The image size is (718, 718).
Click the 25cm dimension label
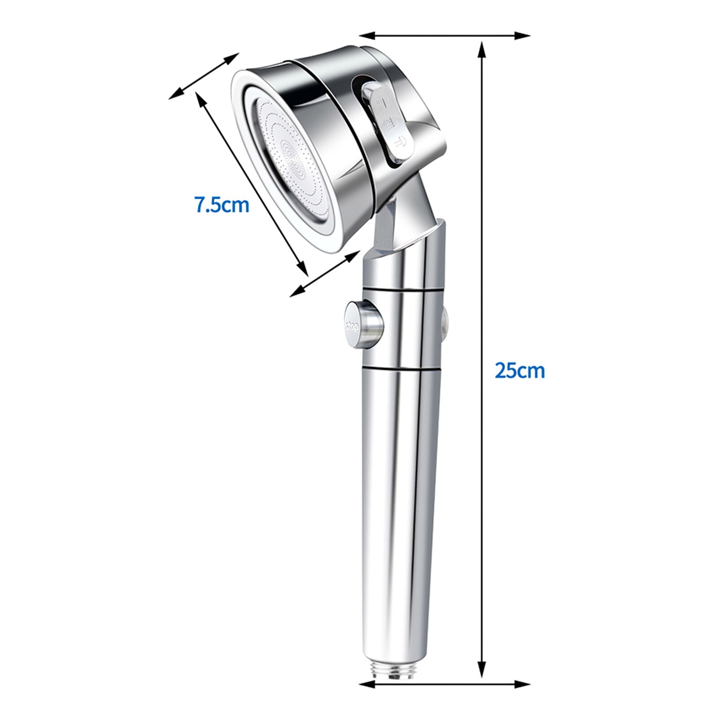click(x=520, y=371)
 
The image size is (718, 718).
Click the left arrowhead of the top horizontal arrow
click(x=367, y=35)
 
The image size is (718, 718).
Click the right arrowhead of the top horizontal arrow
click(x=523, y=35)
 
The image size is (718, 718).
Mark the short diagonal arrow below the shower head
click(x=325, y=274)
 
